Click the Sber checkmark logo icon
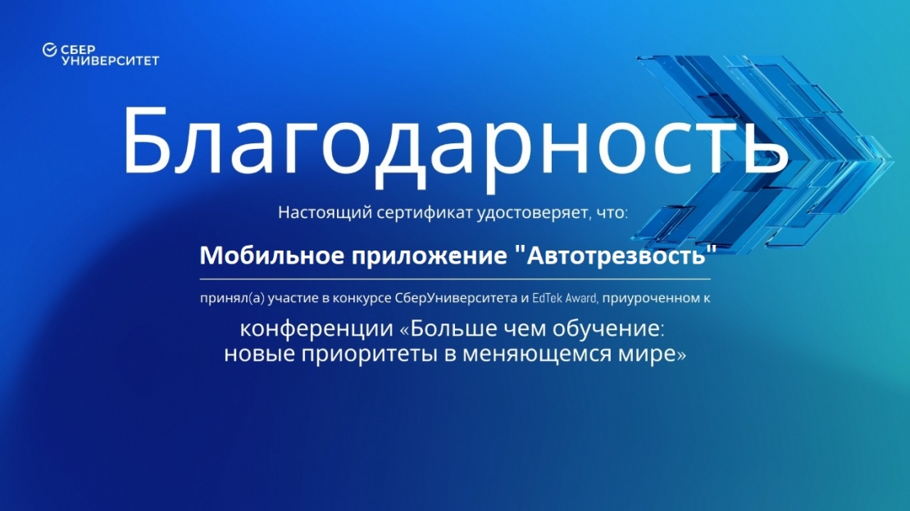pos(49,51)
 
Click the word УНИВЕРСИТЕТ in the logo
pos(111,61)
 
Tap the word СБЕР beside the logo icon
pos(78,50)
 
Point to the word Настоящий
pos(325,213)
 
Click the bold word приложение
pos(430,256)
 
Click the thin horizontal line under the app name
pos(455,279)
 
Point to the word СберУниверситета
pos(456,298)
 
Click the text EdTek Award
pos(565,298)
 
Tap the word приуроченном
pos(651,299)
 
